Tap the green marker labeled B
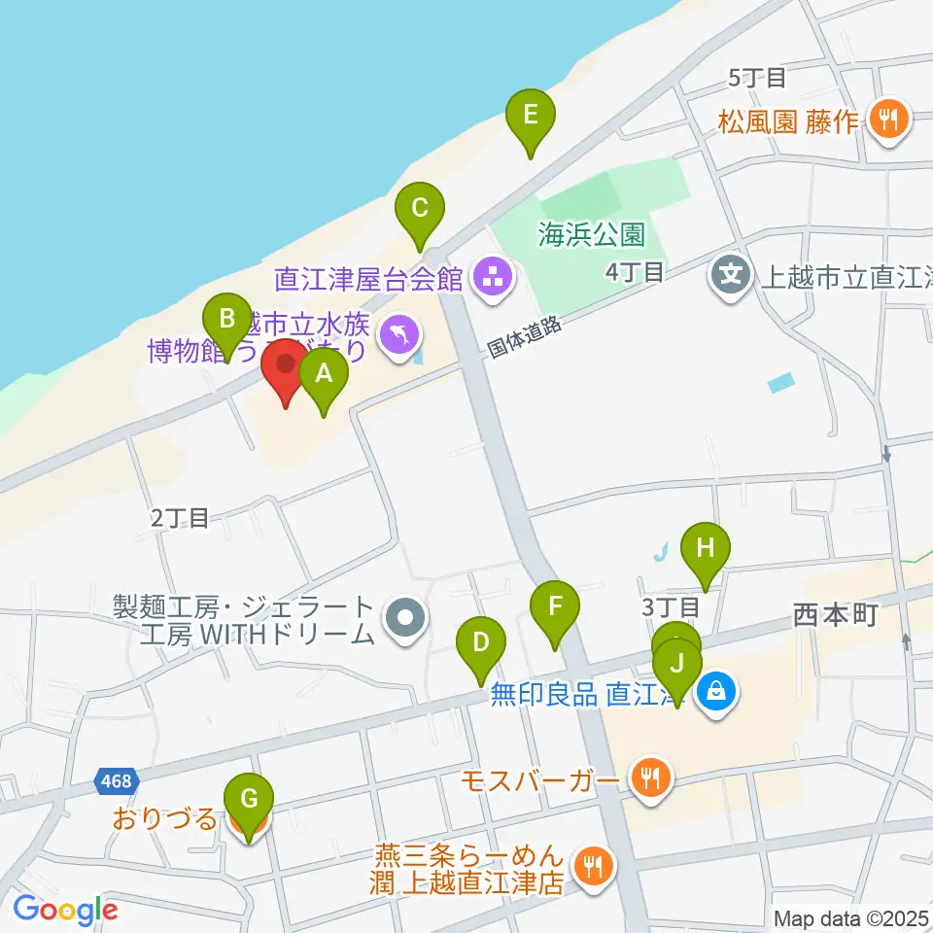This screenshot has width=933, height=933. (x=226, y=320)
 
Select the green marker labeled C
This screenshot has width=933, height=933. (x=420, y=209)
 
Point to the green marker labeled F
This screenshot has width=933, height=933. (x=555, y=608)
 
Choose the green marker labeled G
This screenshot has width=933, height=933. (x=249, y=801)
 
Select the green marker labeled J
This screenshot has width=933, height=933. (x=677, y=666)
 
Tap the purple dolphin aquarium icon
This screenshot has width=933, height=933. (x=399, y=337)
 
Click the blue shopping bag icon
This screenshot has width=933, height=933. (x=715, y=693)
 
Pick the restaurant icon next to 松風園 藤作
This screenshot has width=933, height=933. (x=887, y=120)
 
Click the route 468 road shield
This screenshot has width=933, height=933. (x=118, y=779)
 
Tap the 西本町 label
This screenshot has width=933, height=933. (x=836, y=614)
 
